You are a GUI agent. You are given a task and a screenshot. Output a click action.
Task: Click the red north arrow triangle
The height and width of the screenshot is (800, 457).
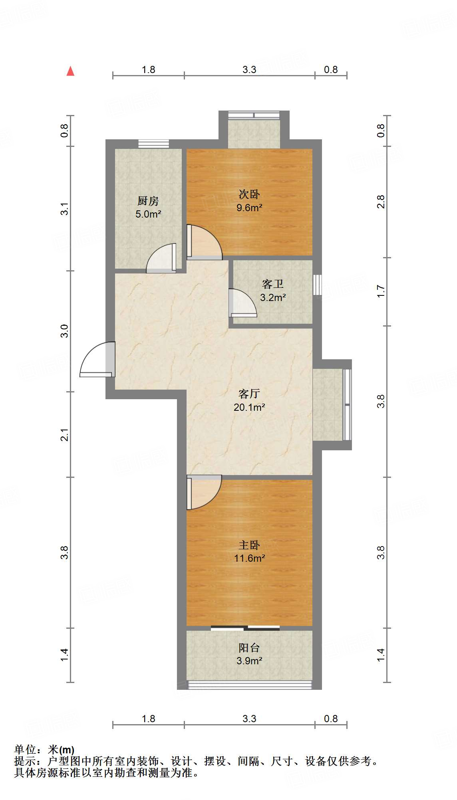pos(70,71)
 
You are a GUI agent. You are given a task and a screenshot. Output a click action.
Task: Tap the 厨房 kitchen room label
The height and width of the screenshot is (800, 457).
pos(148,201)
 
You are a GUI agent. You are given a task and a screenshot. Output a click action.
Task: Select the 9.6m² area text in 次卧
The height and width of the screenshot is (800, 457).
pos(249,208)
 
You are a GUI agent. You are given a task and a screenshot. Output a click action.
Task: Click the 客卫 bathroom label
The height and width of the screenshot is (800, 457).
pos(273,284)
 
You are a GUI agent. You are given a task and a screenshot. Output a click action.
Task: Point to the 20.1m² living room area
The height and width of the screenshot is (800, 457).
pos(249,407)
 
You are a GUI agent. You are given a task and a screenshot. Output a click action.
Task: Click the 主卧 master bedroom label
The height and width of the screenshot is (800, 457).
pos(249,545)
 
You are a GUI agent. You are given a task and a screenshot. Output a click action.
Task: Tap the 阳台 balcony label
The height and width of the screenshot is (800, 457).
pos(249,648)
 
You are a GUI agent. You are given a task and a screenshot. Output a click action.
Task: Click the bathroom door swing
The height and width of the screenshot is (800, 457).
pos(243,303)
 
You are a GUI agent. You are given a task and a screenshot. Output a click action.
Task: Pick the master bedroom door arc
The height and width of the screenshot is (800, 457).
pos(205,492)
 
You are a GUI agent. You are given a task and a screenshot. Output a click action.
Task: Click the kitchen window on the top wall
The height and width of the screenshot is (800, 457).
pos(153,144)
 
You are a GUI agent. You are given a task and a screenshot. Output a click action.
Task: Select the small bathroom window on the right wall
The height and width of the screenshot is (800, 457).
pos(317,285)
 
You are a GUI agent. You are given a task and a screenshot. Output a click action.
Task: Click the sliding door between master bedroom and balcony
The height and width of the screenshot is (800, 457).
pos(245,628)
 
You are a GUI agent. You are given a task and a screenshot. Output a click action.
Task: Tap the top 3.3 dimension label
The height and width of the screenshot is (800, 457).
pos(249,70)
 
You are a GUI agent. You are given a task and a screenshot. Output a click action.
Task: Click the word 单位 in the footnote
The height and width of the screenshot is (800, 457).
pos(25,750)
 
